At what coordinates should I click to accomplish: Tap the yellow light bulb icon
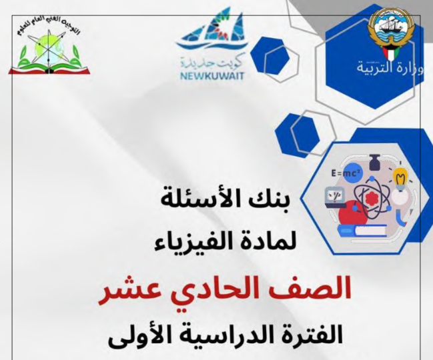[400, 178]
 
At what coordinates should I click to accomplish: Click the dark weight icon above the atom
[374, 162]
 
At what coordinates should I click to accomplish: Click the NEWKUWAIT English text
[208, 76]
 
